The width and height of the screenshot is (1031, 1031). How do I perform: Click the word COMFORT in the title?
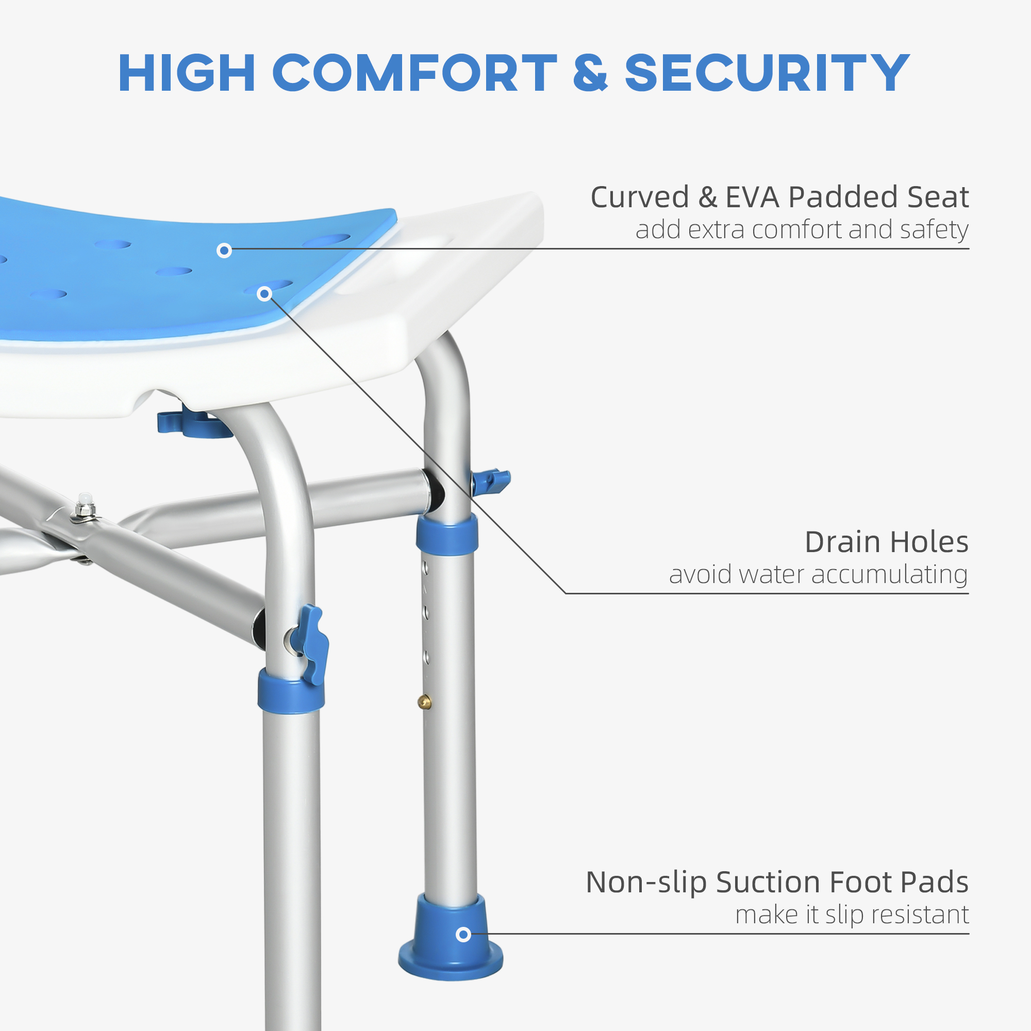point(414,73)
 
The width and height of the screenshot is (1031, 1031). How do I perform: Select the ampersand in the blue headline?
point(590,73)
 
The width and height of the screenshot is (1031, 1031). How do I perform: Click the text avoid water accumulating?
point(818,575)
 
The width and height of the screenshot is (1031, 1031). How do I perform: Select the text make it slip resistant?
point(852,914)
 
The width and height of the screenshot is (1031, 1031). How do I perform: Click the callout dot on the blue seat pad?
point(224,251)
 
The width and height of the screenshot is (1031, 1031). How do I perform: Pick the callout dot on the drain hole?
point(264,294)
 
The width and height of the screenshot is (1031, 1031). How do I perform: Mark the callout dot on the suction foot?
point(463,935)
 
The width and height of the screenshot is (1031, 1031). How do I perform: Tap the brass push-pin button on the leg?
point(424,701)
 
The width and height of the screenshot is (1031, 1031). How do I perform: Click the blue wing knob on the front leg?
point(314,644)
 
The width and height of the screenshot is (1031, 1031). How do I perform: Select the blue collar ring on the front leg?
point(291,692)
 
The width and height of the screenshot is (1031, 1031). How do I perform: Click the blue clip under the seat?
point(195,423)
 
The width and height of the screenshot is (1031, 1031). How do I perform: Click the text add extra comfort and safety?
point(802,230)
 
